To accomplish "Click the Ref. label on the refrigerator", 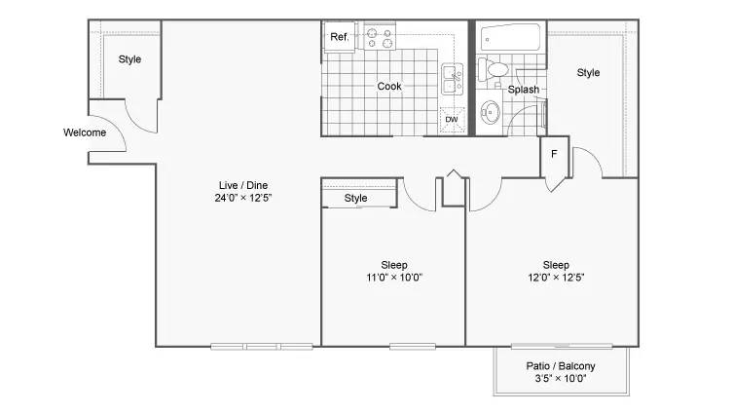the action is pos(340,37).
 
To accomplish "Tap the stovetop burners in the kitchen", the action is pos(380,38).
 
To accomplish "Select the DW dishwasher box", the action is pos(452,120).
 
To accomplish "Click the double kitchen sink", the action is pos(452,80).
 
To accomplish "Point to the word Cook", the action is pos(389,87).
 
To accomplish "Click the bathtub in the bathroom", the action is pos(510,38).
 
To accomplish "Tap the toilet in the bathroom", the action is pos(494,70).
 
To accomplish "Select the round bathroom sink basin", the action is pos(491,112).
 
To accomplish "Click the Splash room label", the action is pos(524,90).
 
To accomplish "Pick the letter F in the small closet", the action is pos(554,154).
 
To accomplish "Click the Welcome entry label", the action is pos(85,132).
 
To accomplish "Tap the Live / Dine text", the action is pos(243,185).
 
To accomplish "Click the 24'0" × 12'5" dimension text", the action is pos(243,198).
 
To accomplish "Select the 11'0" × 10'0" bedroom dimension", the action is pos(394,278).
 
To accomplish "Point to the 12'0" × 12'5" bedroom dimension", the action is pos(556,278).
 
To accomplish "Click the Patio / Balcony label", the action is pos(561,366).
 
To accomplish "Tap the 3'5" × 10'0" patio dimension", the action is pos(561,378).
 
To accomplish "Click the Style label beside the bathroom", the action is pos(588,73).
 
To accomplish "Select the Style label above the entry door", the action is pos(129,59).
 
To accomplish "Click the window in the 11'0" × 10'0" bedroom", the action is pos(413,347).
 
